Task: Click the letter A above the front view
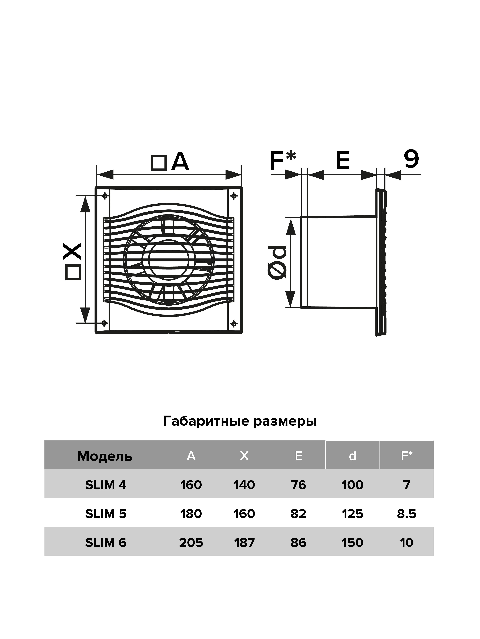tap(180, 162)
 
